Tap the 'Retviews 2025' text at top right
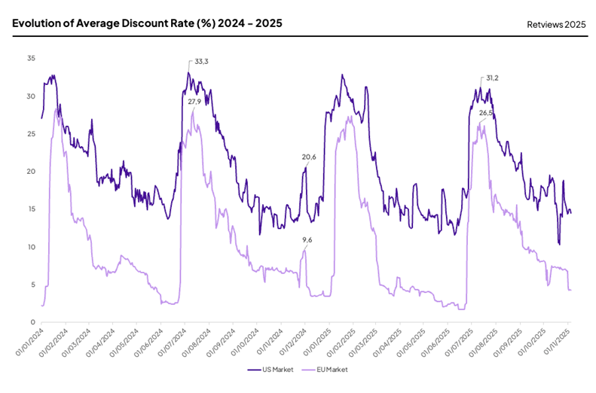pos(556,24)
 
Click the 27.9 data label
pos(194,102)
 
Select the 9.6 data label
pos(307,239)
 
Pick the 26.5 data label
pos(485,113)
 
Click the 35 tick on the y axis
pos(30,59)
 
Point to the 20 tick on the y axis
pos(30,172)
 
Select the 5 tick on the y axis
pos(32,285)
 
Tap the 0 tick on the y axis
pos(32,322)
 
